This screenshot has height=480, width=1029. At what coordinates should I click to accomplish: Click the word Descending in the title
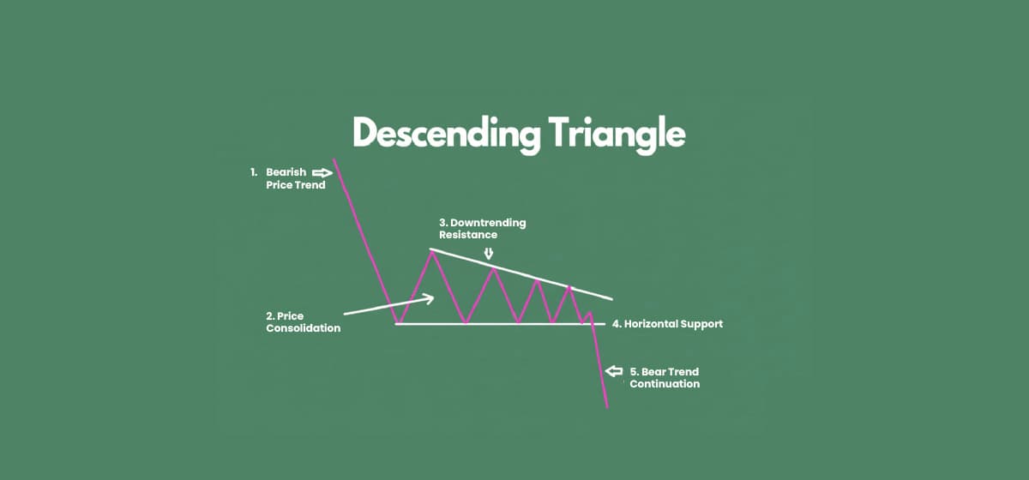click(x=444, y=135)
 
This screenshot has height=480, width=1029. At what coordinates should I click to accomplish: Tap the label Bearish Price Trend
click(x=295, y=178)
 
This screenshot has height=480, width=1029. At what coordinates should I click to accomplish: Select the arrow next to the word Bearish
click(x=322, y=172)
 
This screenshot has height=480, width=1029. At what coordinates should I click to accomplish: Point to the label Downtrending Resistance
click(x=482, y=228)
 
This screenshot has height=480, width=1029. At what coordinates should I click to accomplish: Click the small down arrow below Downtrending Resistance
click(x=489, y=253)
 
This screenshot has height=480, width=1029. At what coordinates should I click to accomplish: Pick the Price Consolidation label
click(x=303, y=322)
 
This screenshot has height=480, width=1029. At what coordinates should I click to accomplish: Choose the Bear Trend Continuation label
click(x=664, y=378)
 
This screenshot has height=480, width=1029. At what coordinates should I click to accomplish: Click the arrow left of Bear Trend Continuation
click(x=614, y=372)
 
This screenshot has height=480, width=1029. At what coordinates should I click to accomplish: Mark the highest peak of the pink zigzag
click(x=431, y=249)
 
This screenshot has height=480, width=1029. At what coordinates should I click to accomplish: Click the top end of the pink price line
click(x=334, y=158)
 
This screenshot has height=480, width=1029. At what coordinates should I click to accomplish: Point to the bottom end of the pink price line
click(x=606, y=407)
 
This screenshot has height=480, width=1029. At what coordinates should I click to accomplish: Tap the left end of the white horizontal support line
click(x=396, y=324)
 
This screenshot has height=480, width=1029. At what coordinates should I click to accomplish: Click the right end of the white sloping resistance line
click(x=611, y=299)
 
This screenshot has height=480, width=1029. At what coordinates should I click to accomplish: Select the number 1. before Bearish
click(x=254, y=172)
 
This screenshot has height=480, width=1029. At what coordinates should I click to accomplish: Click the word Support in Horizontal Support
click(x=701, y=324)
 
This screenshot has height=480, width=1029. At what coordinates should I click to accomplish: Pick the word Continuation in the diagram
click(x=665, y=384)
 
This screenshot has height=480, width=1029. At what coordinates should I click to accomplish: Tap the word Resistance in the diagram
click(x=468, y=234)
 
